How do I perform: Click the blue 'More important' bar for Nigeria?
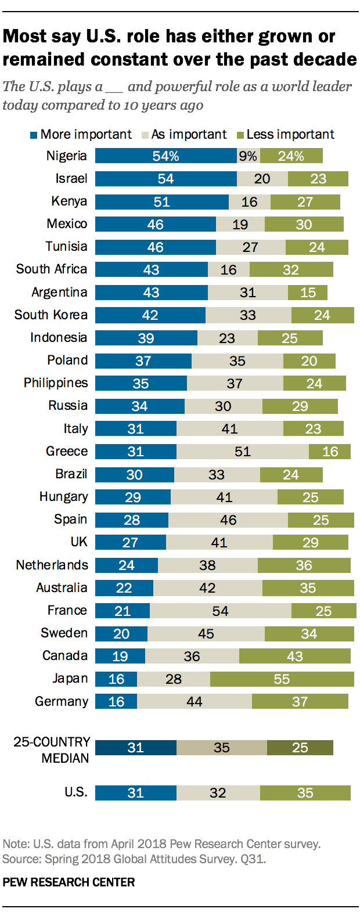[165, 156]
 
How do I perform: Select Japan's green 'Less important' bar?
[282, 679]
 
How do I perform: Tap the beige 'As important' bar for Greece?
[242, 452]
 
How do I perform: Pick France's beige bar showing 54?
[220, 611]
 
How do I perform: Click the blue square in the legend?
[34, 135]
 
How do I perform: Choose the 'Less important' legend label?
[290, 135]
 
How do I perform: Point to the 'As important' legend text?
[189, 135]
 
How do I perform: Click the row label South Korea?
[51, 315]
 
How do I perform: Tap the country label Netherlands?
[52, 565]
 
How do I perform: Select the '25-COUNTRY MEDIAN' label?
[52, 749]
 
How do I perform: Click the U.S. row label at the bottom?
[75, 792]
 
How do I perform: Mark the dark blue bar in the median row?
[135, 748]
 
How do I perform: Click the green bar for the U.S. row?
[305, 793]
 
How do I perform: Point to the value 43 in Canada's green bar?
[295, 656]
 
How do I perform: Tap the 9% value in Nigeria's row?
[248, 156]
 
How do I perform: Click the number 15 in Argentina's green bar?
[308, 293]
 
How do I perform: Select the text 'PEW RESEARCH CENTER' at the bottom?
[69, 882]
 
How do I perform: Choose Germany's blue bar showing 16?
[116, 701]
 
